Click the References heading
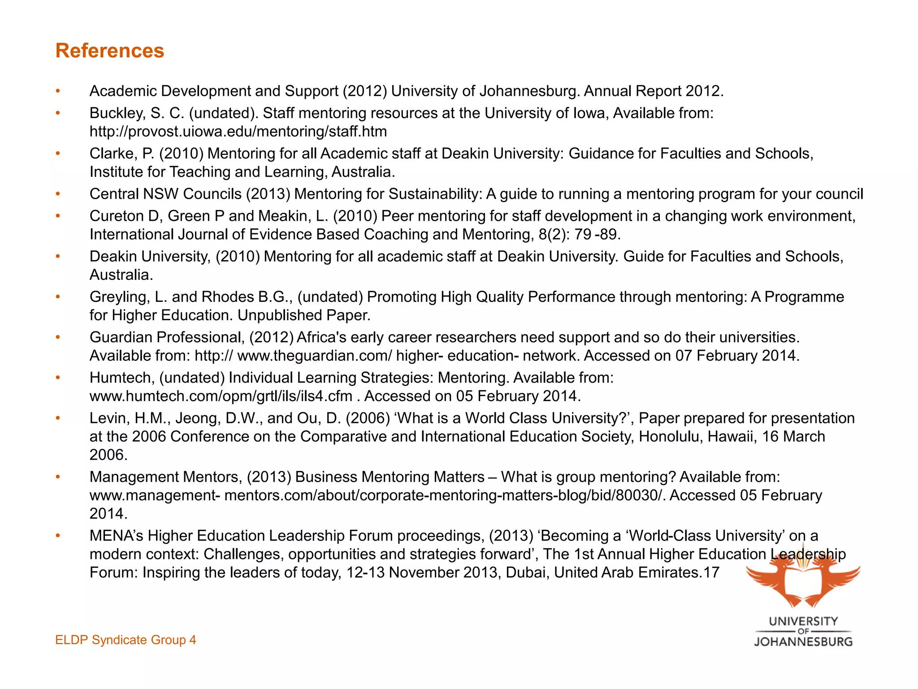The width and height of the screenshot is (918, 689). tap(110, 51)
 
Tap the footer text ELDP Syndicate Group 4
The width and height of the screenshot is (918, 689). tap(126, 640)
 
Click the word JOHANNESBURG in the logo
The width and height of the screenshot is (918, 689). tap(803, 642)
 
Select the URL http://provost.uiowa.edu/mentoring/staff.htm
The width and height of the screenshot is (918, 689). tap(238, 131)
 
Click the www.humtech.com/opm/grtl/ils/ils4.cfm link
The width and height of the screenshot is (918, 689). tap(221, 396)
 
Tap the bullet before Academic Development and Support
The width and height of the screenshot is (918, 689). tap(58, 91)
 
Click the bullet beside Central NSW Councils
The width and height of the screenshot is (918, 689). tap(58, 194)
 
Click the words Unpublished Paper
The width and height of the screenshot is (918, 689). tap(304, 315)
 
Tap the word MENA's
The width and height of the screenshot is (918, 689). tap(117, 536)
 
